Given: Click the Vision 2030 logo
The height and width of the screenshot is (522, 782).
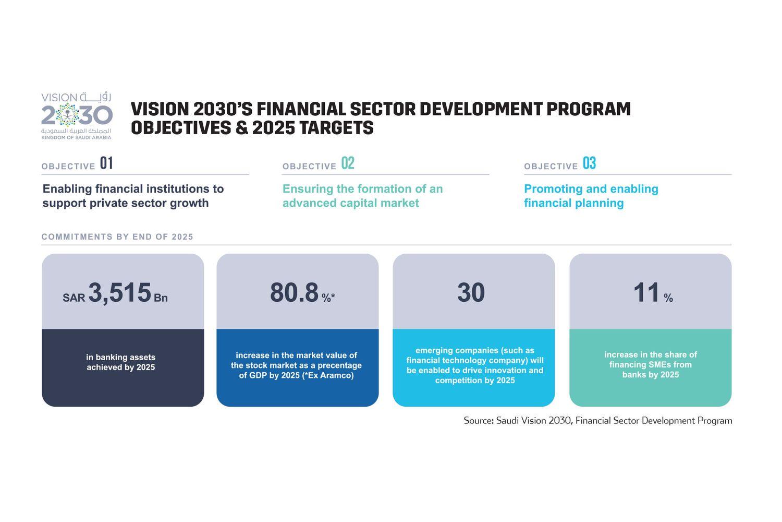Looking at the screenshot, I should click(x=77, y=116).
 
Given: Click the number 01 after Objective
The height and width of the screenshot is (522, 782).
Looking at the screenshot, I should click(x=106, y=163).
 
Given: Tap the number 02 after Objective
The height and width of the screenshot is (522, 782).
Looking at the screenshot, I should click(x=348, y=163).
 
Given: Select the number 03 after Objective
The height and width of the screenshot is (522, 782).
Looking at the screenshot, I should click(x=589, y=163).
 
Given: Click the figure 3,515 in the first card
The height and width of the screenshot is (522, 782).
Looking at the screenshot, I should click(x=120, y=292).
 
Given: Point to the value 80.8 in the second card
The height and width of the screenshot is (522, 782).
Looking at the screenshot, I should click(x=294, y=293).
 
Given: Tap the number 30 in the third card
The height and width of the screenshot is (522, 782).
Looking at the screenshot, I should click(x=471, y=293).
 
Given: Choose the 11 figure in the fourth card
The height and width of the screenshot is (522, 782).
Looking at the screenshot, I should click(x=646, y=293).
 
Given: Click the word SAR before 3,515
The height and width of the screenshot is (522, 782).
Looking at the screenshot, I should click(x=74, y=298).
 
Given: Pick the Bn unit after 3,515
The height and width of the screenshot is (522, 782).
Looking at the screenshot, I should click(x=161, y=298).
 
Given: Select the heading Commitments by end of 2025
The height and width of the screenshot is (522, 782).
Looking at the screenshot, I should click(x=117, y=237).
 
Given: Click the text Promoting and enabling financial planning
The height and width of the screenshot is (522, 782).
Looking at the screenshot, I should click(x=591, y=196).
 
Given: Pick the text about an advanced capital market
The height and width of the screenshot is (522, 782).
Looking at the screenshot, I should click(x=362, y=196).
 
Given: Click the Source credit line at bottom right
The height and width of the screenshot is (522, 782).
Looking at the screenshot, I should click(x=597, y=421).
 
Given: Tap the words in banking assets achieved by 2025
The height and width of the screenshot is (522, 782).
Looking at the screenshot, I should click(x=121, y=362).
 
